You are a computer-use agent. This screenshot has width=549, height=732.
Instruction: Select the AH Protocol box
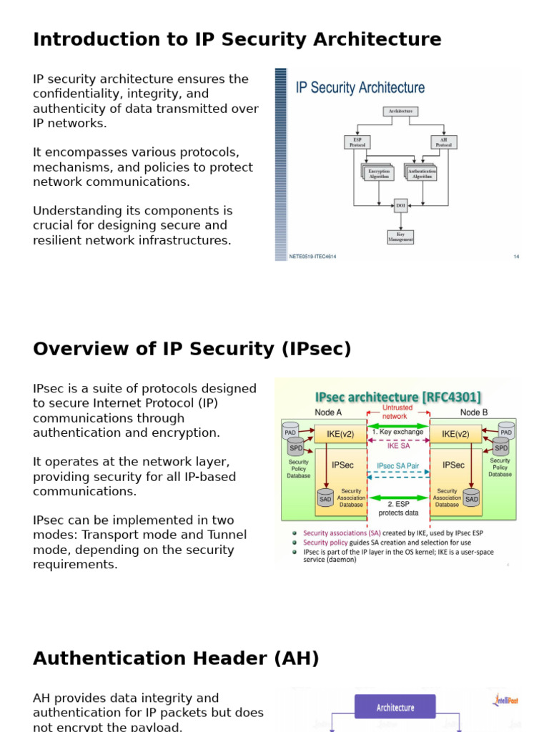443,142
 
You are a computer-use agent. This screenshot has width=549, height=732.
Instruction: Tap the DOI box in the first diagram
401,206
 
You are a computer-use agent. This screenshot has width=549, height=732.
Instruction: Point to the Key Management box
400,237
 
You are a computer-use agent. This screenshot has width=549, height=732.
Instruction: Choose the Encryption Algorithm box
379,173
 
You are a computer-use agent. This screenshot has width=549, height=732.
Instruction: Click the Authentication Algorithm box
422,173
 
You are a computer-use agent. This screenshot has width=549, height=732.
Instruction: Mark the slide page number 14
516,256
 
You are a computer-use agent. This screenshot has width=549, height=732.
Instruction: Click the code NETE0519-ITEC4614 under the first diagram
312,256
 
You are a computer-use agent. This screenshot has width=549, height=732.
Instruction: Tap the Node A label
328,412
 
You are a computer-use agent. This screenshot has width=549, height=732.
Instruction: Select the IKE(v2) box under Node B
455,434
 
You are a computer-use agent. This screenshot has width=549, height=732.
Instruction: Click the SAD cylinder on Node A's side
326,498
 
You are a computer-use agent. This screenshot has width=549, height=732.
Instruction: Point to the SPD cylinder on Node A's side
295,447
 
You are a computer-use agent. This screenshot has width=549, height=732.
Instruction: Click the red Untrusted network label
397,412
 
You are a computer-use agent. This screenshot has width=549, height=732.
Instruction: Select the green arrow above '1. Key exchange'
398,426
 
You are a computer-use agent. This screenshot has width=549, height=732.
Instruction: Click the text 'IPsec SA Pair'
398,465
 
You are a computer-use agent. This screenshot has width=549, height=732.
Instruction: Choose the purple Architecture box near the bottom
395,707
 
